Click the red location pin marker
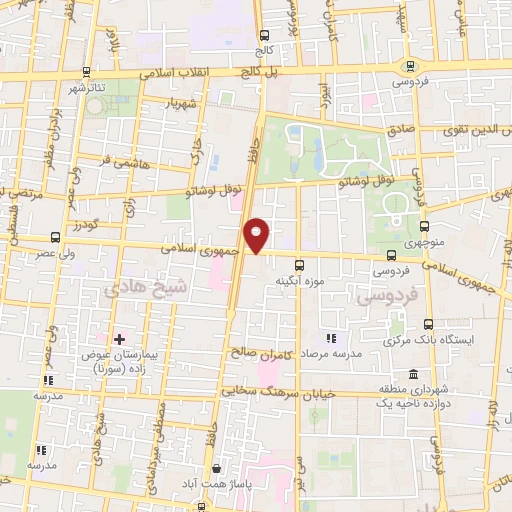click(x=259, y=234)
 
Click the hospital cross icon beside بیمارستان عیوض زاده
click(x=120, y=340)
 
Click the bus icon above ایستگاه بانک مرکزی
click(x=429, y=324)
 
